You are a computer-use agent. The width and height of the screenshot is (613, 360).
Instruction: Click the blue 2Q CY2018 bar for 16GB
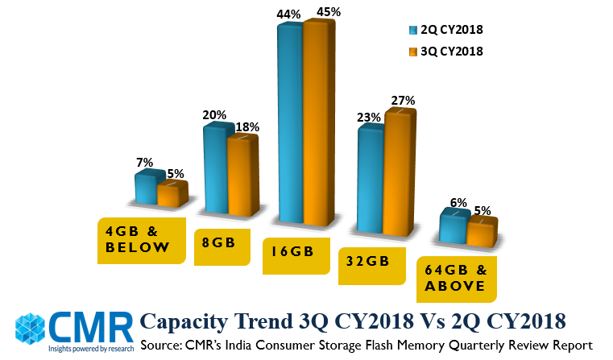(x=290, y=125)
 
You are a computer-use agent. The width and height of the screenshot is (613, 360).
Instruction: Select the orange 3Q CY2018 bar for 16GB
(x=316, y=125)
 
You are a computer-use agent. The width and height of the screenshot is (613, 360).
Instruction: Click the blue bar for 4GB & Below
(x=145, y=188)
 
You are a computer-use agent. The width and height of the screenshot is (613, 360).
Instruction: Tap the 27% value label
(x=403, y=101)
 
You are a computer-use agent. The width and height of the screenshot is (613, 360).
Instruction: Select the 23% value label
(x=369, y=117)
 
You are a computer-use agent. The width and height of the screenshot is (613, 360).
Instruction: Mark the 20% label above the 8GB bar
(x=214, y=115)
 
